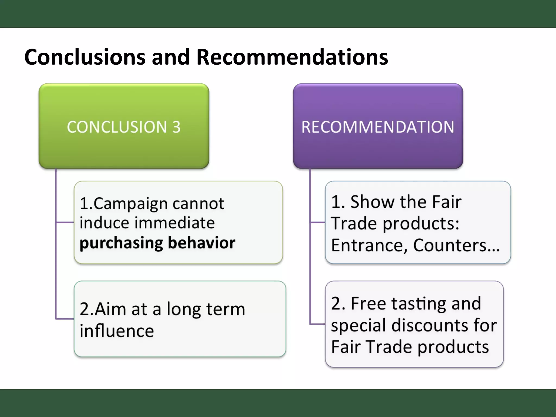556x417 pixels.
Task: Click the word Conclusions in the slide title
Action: click(85, 57)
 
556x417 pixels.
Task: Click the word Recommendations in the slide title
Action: click(292, 57)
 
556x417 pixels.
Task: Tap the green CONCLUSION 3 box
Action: click(124, 126)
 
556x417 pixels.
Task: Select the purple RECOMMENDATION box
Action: click(378, 126)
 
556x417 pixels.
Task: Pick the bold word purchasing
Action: click(121, 243)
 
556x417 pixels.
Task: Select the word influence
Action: click(117, 331)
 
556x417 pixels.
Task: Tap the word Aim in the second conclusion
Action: click(110, 309)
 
